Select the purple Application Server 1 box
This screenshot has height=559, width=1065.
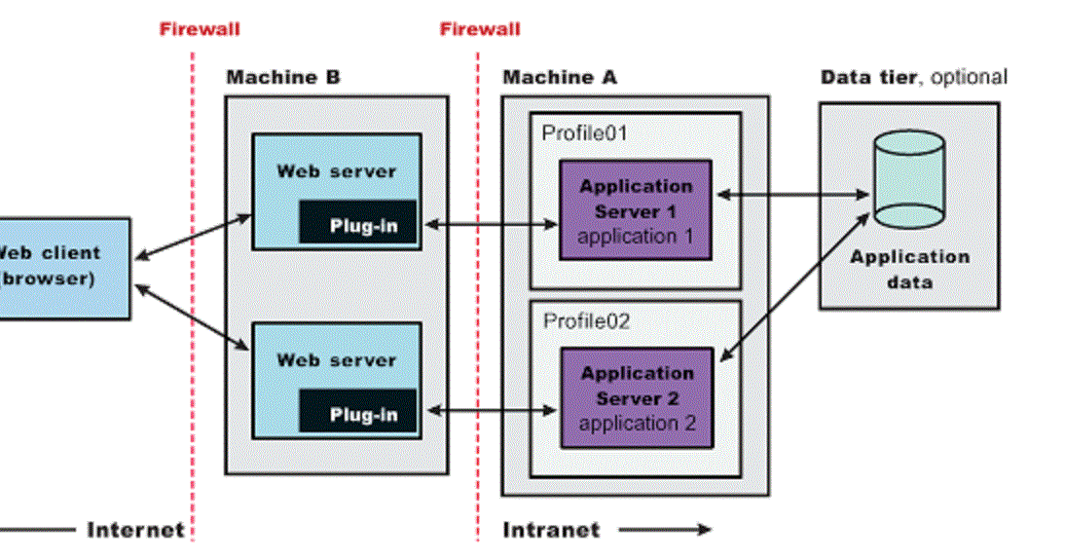coord(635,210)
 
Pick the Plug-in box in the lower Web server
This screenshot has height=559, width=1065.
coord(358,413)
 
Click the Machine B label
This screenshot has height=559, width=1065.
coord(283,77)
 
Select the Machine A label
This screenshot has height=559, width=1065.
coord(559,77)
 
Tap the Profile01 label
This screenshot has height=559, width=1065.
coord(585,132)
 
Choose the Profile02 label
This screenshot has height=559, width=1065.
coord(586,320)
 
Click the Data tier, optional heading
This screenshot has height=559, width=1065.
coord(913,77)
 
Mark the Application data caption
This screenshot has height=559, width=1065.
coord(909,270)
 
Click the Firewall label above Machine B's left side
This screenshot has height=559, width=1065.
coord(200,28)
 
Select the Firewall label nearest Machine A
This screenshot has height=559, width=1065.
coord(479,28)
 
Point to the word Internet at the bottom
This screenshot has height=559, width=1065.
coord(135,530)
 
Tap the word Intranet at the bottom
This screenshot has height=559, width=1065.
coord(551,530)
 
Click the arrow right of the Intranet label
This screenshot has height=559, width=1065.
coord(664,530)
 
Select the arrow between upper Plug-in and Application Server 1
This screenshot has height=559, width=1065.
coord(492,225)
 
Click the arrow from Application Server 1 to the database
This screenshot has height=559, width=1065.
coord(791,195)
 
